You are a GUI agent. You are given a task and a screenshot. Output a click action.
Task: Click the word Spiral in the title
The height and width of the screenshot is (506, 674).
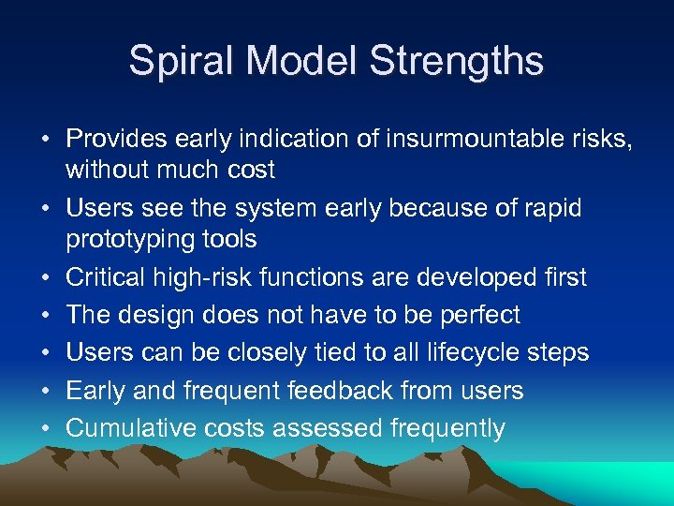pos(171,61)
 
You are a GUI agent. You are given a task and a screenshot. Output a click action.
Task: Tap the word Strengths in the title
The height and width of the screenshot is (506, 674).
pos(456,61)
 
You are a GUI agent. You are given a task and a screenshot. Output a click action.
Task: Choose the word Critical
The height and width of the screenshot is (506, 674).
pos(105,277)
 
